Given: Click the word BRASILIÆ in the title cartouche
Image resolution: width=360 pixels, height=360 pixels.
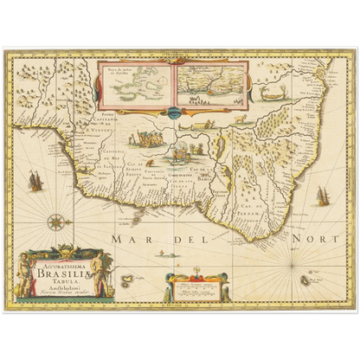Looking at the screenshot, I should [58, 267].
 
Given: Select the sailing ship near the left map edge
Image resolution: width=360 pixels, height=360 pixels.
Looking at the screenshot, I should [35, 180].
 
